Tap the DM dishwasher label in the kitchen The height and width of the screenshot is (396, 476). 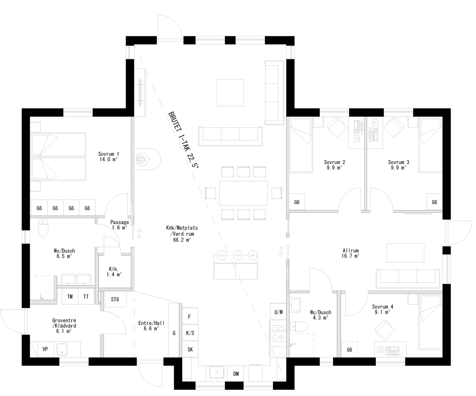(236, 374)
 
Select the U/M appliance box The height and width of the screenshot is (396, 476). (278, 312)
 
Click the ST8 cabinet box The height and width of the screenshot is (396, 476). (115, 300)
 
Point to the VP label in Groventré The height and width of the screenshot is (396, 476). (45, 349)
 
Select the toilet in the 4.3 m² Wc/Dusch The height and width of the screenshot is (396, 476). (298, 326)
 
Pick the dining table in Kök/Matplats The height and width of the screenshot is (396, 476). (243, 193)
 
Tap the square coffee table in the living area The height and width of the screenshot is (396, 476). (230, 93)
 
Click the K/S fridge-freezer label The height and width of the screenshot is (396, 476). (190, 333)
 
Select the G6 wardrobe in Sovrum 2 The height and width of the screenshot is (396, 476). (297, 202)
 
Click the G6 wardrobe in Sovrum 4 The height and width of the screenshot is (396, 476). (349, 350)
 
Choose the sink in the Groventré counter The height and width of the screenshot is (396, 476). (62, 349)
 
